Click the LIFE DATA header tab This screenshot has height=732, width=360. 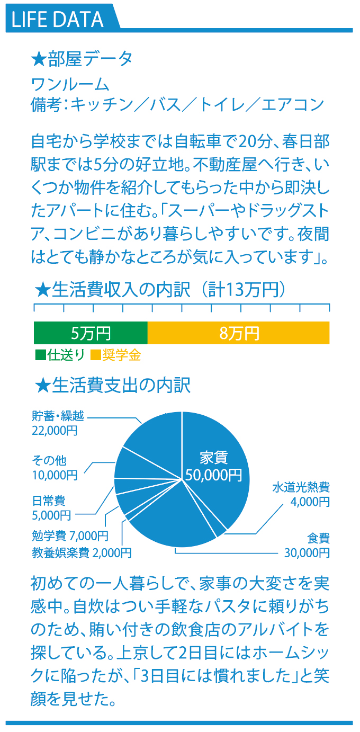[62, 18]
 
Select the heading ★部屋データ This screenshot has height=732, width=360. [82, 59]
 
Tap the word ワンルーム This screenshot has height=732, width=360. [70, 85]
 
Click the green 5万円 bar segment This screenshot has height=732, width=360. [91, 333]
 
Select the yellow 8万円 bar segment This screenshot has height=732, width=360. [238, 333]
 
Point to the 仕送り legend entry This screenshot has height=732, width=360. [60, 355]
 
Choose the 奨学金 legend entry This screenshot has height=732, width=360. [115, 355]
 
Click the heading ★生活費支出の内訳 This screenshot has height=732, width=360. [113, 385]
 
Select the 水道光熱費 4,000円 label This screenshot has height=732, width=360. [301, 494]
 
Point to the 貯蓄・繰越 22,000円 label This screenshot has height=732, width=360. [58, 423]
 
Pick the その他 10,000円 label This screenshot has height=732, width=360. [55, 468]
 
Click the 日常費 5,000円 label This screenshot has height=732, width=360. [51, 508]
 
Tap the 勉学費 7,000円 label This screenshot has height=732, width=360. [70, 535]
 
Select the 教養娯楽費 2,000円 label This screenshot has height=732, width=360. [82, 552]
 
